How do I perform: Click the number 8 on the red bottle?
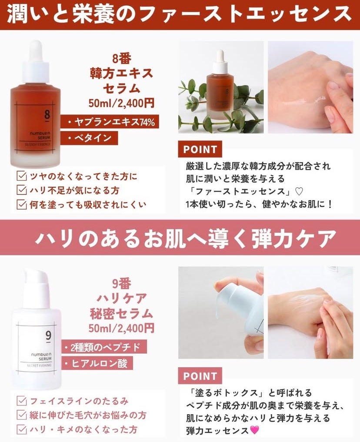47,115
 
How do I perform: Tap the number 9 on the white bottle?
48,336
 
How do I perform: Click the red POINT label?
200,149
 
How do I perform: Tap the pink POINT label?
200,376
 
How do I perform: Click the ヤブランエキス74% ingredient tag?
110,122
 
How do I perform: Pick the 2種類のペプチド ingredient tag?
104,347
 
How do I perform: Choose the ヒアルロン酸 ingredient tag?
97,363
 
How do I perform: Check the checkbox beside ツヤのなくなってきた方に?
22,176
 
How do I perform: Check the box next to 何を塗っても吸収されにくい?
22,204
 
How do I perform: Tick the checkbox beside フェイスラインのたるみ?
22,401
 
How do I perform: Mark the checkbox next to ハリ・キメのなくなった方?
22,429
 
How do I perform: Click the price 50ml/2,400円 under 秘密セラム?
121,328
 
